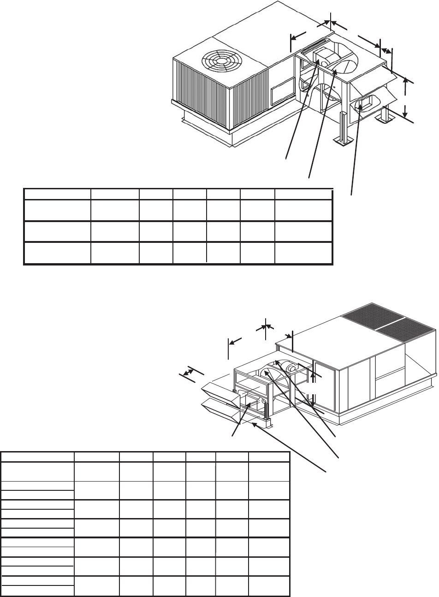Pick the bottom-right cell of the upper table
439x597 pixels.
(x=303, y=253)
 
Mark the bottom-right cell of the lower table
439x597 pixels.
(x=269, y=585)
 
